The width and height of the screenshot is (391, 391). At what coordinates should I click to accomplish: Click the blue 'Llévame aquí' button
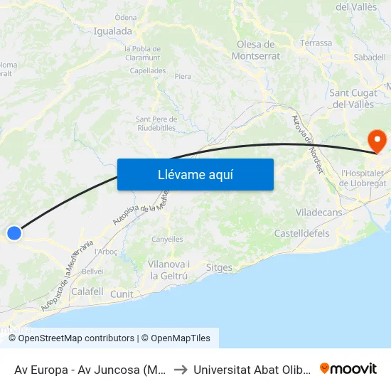(x=195, y=174)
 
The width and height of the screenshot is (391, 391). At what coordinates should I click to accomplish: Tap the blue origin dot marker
(x=14, y=232)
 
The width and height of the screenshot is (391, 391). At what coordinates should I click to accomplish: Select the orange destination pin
(x=375, y=139)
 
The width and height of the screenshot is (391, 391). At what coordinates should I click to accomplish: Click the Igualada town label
(x=113, y=31)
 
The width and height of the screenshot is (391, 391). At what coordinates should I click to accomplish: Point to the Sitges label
(x=218, y=268)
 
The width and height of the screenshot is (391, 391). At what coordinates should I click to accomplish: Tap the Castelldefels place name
(x=302, y=233)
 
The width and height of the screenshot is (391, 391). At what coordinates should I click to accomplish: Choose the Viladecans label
(x=319, y=213)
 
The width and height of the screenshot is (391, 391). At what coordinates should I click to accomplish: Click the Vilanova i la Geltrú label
(x=168, y=270)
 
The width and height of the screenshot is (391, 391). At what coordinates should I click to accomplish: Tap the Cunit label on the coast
(x=122, y=294)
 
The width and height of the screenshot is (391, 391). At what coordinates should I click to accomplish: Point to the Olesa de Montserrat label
(x=257, y=50)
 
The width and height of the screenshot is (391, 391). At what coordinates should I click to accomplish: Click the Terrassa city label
(x=316, y=43)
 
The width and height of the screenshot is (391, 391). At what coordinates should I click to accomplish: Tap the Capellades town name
(x=148, y=71)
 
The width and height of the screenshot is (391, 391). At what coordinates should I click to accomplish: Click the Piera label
(x=183, y=76)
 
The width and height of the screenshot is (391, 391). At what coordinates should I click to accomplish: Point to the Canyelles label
(x=167, y=240)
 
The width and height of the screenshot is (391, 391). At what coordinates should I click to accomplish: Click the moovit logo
(x=348, y=369)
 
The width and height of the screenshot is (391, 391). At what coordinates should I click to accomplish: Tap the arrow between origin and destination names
(x=180, y=370)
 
